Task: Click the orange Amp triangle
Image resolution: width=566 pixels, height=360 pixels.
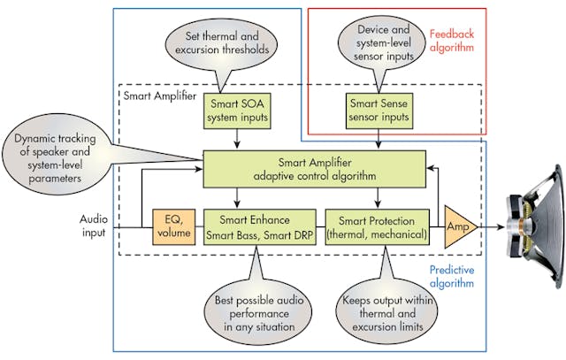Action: point(457,227)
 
